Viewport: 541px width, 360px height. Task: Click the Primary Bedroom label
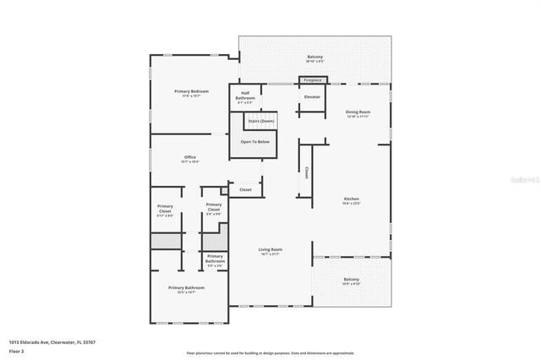[x=191, y=91]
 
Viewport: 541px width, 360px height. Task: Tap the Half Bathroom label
[x=245, y=93]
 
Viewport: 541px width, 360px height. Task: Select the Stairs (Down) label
[x=261, y=121]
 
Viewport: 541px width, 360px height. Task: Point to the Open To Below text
[x=254, y=141]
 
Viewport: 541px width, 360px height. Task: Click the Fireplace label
[x=313, y=80]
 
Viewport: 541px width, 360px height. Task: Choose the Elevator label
[x=312, y=97]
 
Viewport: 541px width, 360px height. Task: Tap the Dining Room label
[x=358, y=112]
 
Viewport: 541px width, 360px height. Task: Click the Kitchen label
[x=351, y=199]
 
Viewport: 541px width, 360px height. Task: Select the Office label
[x=190, y=157]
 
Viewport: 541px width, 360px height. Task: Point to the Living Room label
[x=270, y=249]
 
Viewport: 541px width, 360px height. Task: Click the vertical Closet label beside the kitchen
[x=306, y=173]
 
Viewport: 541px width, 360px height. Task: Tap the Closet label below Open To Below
[x=245, y=190]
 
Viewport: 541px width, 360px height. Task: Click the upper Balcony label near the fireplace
[x=314, y=57]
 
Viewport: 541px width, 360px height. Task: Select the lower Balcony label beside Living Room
[x=351, y=280]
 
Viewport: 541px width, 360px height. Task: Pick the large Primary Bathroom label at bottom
[x=186, y=287]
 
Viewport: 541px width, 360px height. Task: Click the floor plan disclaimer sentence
[x=270, y=352]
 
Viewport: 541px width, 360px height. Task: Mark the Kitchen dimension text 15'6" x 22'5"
[x=351, y=204]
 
